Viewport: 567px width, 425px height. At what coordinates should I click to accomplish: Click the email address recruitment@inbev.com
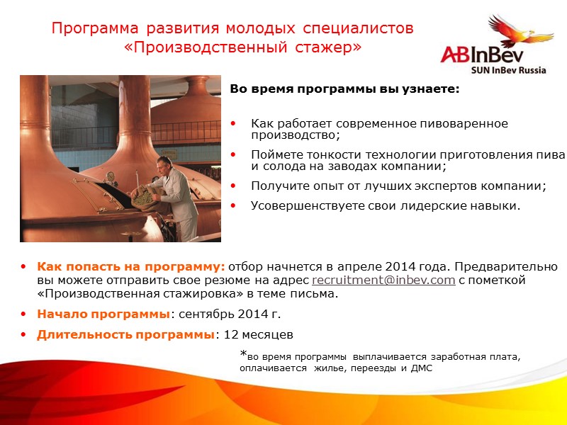[383, 280]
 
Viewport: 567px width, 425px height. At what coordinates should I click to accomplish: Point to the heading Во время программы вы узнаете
[344, 90]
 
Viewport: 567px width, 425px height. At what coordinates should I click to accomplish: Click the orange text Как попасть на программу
[130, 267]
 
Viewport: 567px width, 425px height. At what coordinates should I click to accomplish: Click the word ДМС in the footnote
[421, 368]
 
